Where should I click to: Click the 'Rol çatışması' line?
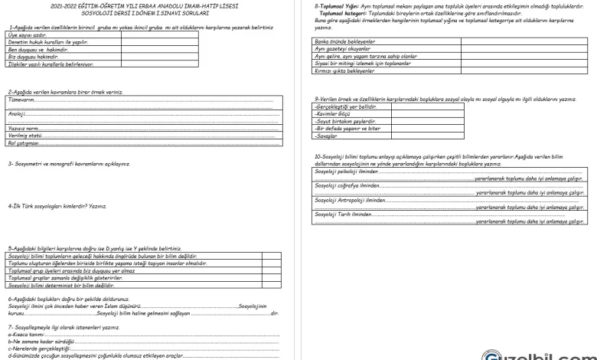[x=24, y=142]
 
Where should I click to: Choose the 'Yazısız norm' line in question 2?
[x=25, y=128]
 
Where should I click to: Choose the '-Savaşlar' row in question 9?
[x=327, y=136]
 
